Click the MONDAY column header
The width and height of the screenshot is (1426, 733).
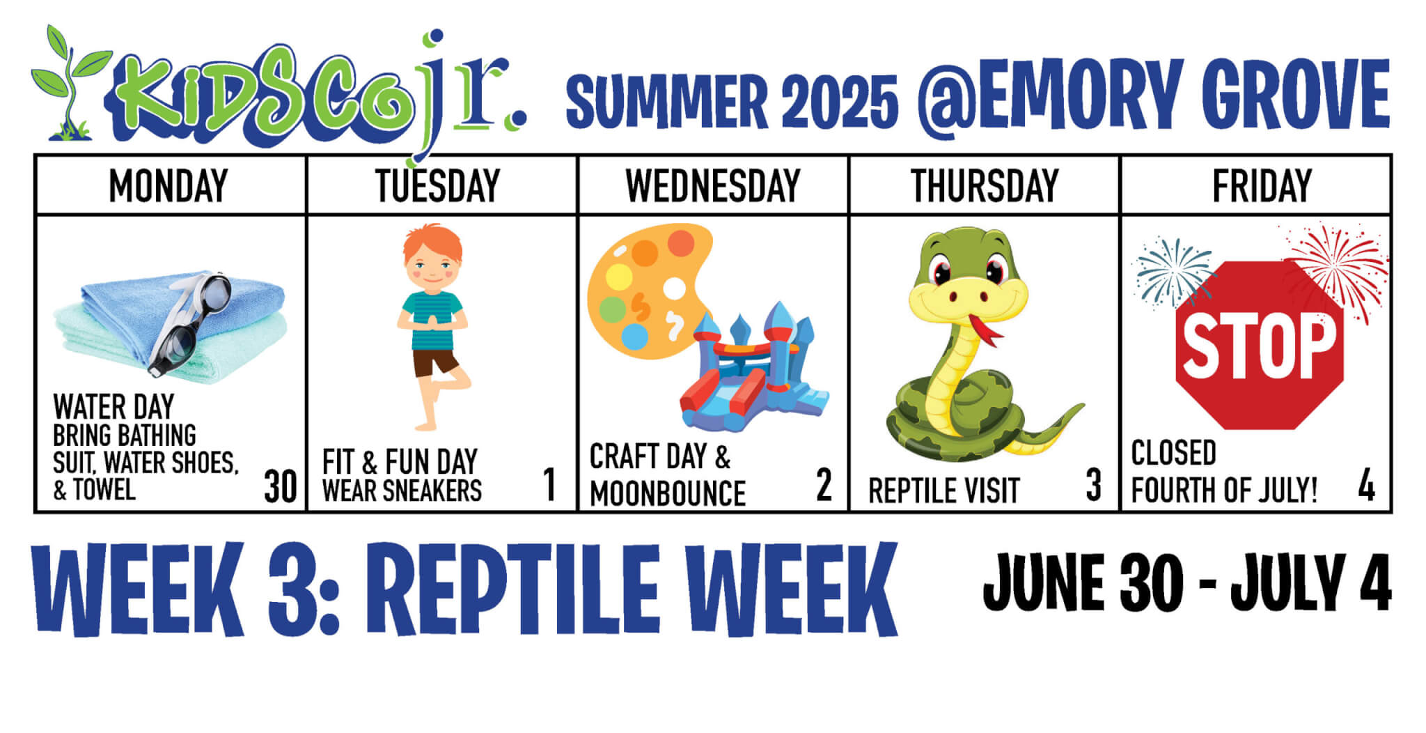click(x=169, y=185)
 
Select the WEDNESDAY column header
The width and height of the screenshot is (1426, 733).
click(x=713, y=185)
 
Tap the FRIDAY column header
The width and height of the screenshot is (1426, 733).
click(x=1262, y=185)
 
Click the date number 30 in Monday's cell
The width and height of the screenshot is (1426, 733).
click(x=281, y=486)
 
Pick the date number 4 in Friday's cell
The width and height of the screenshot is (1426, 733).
click(x=1366, y=485)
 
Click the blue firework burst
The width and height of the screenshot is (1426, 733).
click(x=1173, y=272)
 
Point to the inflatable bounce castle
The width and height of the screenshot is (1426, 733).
click(x=753, y=369)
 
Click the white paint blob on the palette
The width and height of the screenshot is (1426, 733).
click(x=674, y=288)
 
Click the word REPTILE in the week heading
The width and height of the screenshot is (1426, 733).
click(x=520, y=589)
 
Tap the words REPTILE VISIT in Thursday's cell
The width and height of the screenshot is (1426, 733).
click(x=943, y=491)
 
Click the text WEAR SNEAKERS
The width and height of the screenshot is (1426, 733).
click(x=402, y=491)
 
